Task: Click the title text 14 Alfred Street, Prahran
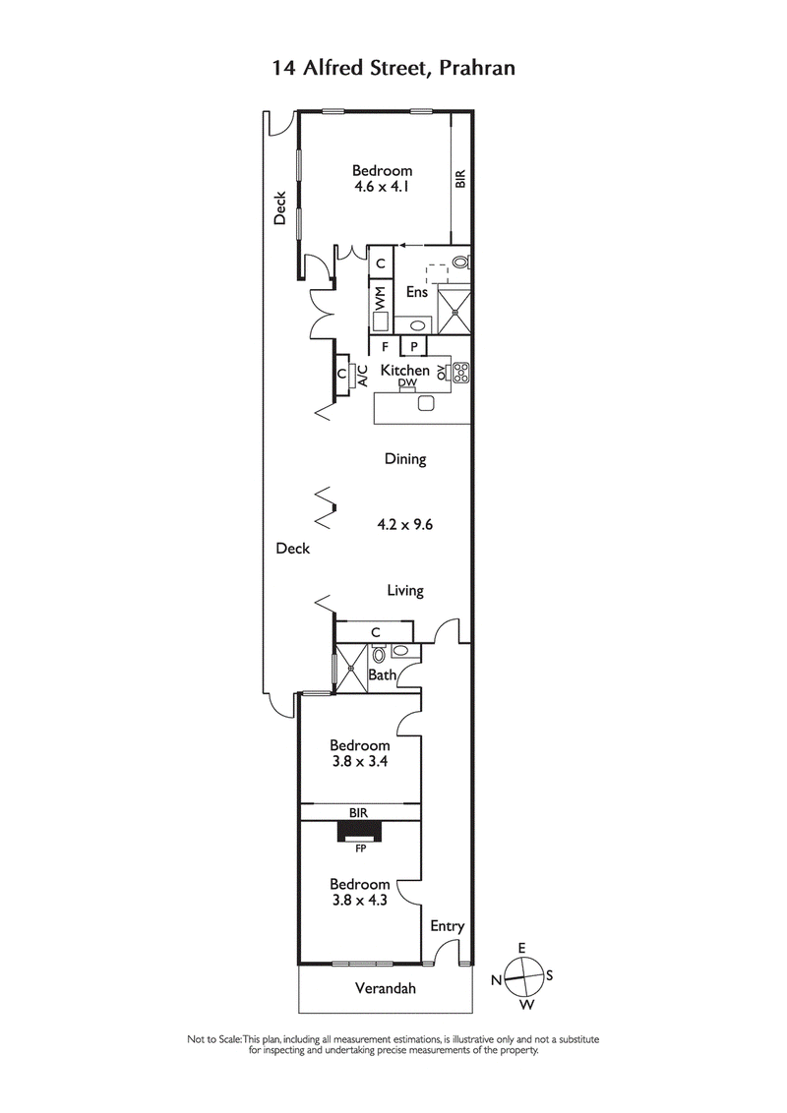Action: [393, 68]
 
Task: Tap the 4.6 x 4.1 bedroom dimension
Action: [383, 186]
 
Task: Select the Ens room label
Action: [416, 292]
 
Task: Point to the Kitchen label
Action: [405, 371]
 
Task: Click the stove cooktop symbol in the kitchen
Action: [459, 372]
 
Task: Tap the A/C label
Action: [361, 375]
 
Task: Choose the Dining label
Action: [404, 459]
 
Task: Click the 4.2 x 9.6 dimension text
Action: [405, 525]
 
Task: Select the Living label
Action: [404, 591]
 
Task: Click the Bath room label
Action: [383, 675]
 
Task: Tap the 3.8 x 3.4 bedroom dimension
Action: [359, 761]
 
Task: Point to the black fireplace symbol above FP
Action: [360, 832]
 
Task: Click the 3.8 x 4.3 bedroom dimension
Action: [359, 899]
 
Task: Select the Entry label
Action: [447, 926]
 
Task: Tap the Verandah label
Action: [385, 988]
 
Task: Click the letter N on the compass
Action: [498, 980]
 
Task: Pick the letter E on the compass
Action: [522, 948]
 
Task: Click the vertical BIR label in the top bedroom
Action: [459, 180]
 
